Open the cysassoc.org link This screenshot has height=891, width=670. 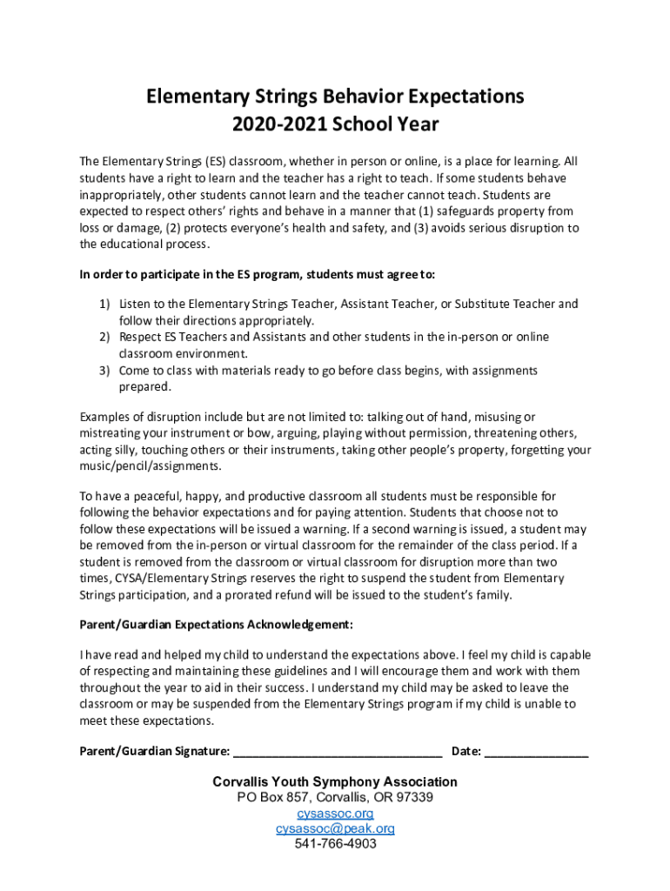point(335,814)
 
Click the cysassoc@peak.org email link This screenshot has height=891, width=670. point(335,829)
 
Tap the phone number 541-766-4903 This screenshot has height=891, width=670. point(335,845)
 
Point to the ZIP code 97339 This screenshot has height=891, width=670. point(412,798)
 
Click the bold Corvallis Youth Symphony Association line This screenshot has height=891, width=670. point(335,782)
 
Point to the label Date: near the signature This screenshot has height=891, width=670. point(466,752)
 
